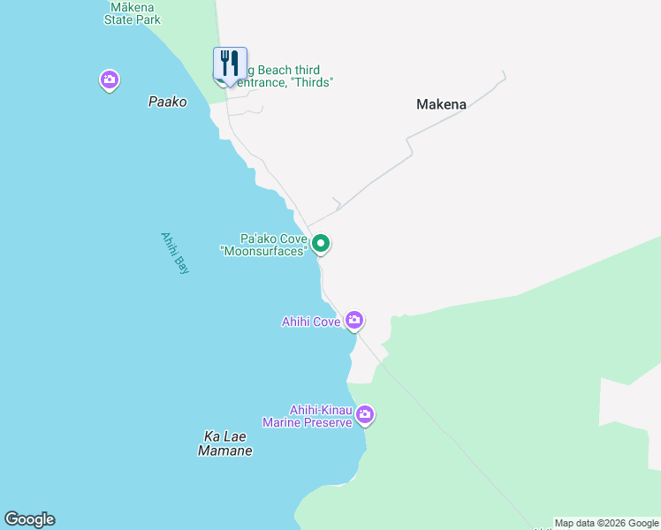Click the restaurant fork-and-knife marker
pyautogui.click(x=230, y=64)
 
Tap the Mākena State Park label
pyautogui.click(x=133, y=12)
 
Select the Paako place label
pyautogui.click(x=167, y=102)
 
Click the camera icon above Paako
pyautogui.click(x=110, y=80)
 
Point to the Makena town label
pyautogui.click(x=441, y=104)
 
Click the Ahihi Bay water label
pyautogui.click(x=175, y=253)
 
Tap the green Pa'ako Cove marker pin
pyautogui.click(x=321, y=243)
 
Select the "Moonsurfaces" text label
pyautogui.click(x=263, y=252)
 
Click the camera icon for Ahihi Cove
pyautogui.click(x=354, y=320)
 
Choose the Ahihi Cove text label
pyautogui.click(x=311, y=322)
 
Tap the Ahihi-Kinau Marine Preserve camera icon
pyautogui.click(x=364, y=414)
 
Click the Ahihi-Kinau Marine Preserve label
pyautogui.click(x=321, y=416)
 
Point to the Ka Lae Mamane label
pyautogui.click(x=224, y=443)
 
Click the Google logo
pyautogui.click(x=29, y=519)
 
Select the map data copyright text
pyautogui.click(x=606, y=523)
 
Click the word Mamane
pyautogui.click(x=224, y=451)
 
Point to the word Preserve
pyautogui.click(x=327, y=422)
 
